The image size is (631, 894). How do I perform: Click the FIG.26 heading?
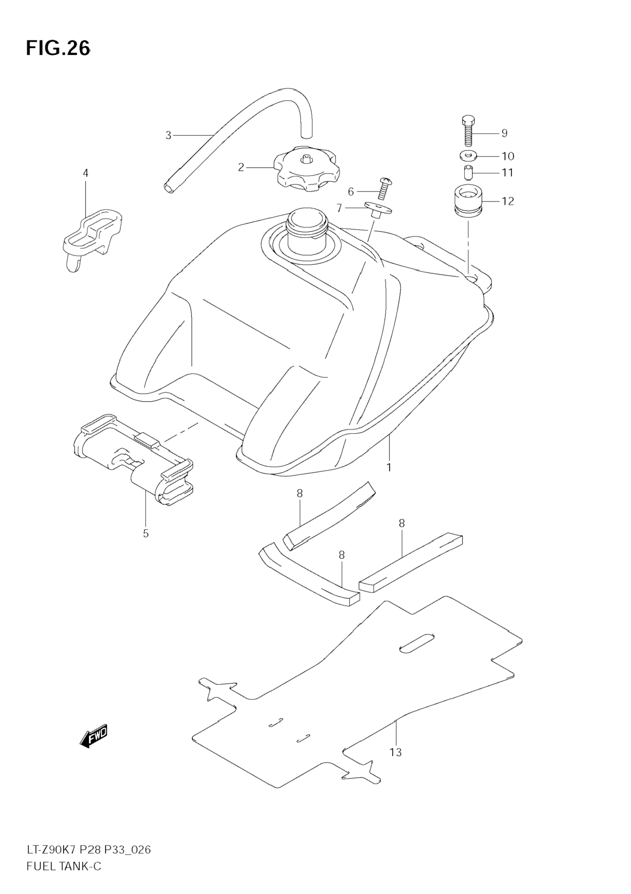pyautogui.click(x=58, y=48)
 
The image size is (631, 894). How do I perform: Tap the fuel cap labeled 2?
pyautogui.click(x=308, y=170)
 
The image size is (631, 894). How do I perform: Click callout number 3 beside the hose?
pyautogui.click(x=168, y=136)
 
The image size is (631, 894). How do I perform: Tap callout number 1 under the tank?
pyautogui.click(x=389, y=467)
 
